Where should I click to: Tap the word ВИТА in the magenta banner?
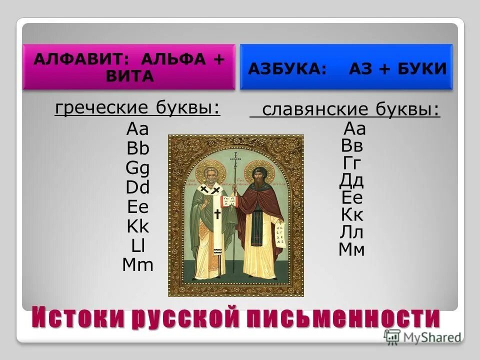129,76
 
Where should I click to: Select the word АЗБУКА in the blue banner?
287,68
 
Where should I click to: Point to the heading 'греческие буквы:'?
137,108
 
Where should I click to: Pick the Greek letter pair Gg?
138,168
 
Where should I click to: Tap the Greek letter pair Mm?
138,265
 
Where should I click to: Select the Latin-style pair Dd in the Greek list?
138,188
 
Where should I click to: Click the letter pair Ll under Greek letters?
138,246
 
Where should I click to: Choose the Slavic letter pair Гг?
352,163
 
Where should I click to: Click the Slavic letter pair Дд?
352,180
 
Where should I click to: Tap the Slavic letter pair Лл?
352,232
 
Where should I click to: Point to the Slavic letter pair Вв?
352,146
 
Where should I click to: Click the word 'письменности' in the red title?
358,318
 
